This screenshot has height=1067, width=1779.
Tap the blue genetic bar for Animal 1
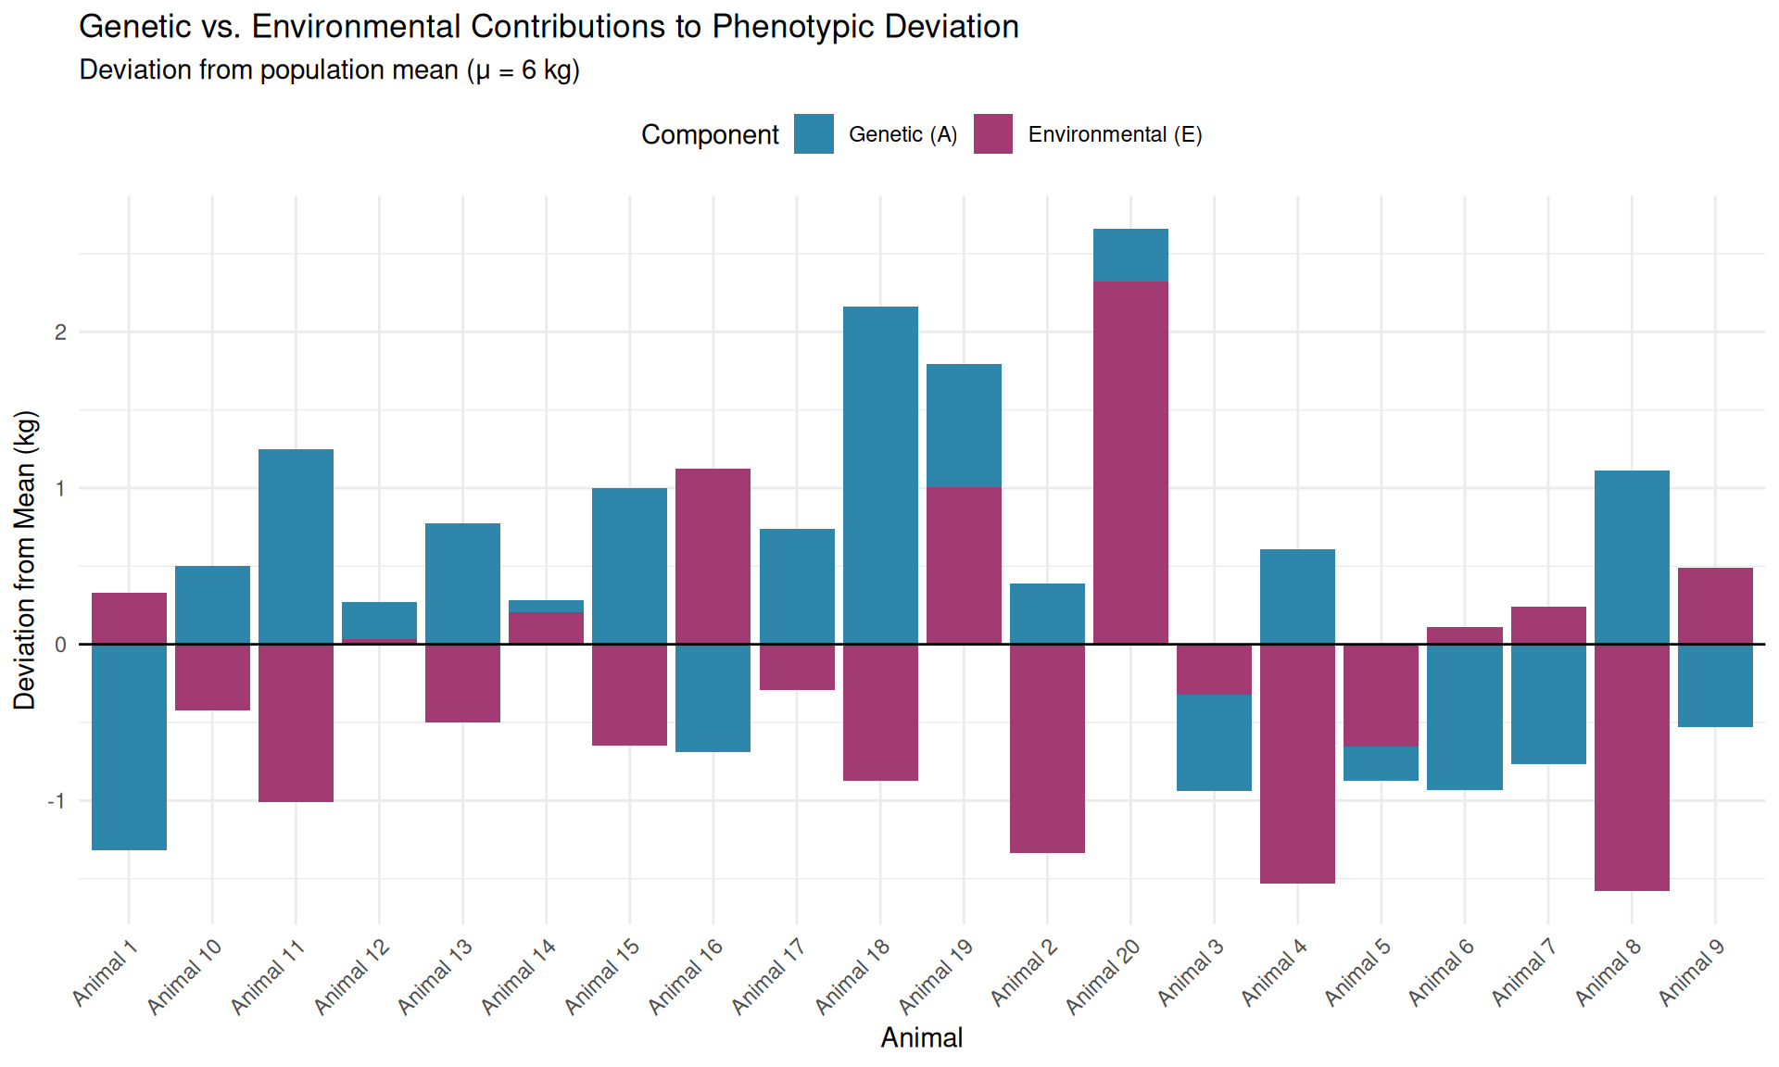click(x=129, y=747)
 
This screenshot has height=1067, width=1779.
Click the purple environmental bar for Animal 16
click(x=713, y=556)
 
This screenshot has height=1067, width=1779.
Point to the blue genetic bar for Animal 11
click(x=296, y=546)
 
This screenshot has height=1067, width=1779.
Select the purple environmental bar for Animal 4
click(x=1297, y=763)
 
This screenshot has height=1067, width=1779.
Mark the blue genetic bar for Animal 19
click(x=964, y=425)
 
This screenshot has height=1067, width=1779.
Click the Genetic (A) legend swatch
click(x=814, y=134)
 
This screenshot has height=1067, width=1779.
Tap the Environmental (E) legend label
click(x=1115, y=135)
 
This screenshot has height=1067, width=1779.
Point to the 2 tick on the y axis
click(x=60, y=333)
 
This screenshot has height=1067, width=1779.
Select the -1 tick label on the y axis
click(x=57, y=801)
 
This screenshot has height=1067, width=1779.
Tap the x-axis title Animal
click(x=921, y=1038)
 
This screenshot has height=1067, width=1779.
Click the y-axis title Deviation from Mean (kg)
click(x=25, y=559)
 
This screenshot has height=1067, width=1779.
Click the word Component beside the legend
click(x=710, y=135)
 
